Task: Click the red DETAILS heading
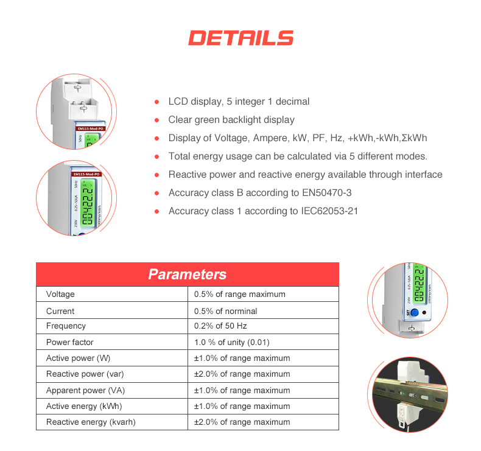240,38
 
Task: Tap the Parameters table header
187,274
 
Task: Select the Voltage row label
60,295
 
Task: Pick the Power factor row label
69,342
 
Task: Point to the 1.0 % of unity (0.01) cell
231,342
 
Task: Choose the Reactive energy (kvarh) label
91,422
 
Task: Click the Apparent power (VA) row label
85,390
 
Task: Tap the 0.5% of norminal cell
225,311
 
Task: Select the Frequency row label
66,326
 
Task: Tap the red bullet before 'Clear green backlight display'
156,120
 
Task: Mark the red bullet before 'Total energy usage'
156,156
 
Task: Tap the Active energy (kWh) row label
83,406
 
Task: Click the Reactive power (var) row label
85,374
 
